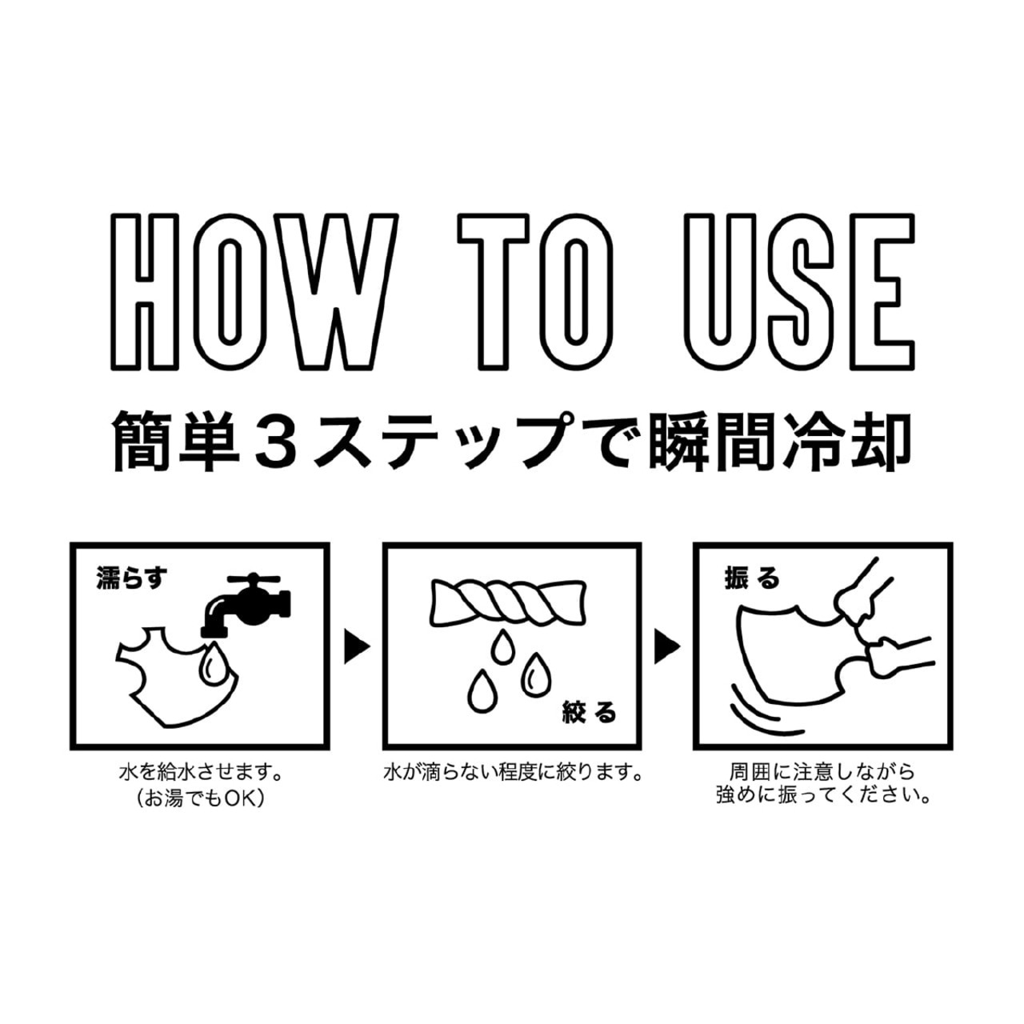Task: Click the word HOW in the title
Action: point(254,292)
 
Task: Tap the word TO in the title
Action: point(535,292)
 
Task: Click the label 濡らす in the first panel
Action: point(131,578)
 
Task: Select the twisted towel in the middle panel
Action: point(510,603)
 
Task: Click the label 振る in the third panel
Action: point(752,578)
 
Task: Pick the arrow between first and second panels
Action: point(357,646)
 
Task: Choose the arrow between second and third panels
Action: point(667,646)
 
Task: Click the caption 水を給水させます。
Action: point(200,773)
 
